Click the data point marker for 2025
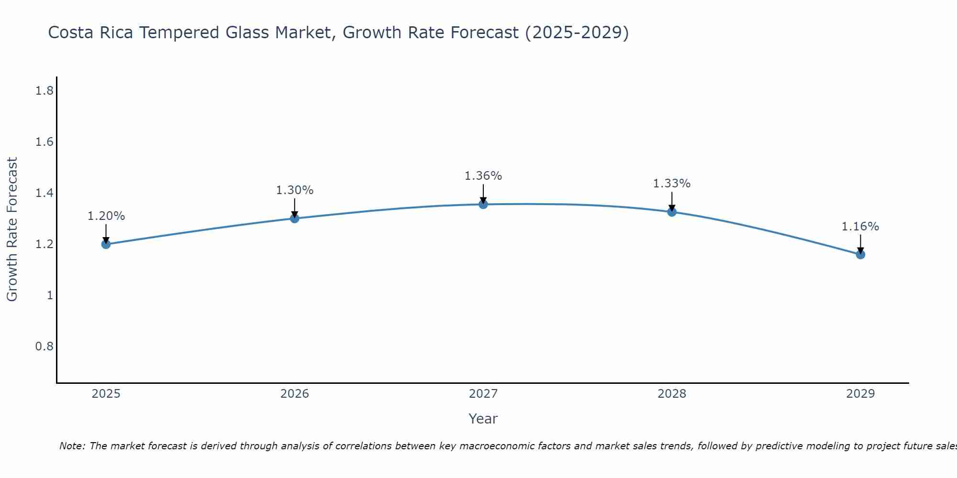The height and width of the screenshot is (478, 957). pyautogui.click(x=106, y=244)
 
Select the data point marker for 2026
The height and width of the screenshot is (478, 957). pyautogui.click(x=295, y=218)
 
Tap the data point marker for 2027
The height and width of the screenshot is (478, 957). pyautogui.click(x=483, y=205)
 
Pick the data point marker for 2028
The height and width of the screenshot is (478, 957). pyautogui.click(x=672, y=212)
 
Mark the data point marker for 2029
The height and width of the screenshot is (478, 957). pyautogui.click(x=860, y=254)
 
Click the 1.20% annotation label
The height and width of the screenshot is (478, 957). pyautogui.click(x=106, y=216)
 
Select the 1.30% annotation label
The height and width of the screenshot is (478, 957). pyautogui.click(x=295, y=190)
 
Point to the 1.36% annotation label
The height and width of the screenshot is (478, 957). pyautogui.click(x=483, y=176)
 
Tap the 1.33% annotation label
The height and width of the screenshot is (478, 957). pyautogui.click(x=672, y=184)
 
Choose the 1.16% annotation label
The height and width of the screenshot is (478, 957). pyautogui.click(x=860, y=227)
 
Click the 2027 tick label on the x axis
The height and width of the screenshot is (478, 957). pyautogui.click(x=483, y=394)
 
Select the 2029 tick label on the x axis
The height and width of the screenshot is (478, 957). pyautogui.click(x=860, y=394)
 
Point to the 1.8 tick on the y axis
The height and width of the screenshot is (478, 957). pyautogui.click(x=44, y=91)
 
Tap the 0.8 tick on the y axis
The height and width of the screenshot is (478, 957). pyautogui.click(x=44, y=346)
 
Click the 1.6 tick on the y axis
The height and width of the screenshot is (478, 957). pyautogui.click(x=44, y=142)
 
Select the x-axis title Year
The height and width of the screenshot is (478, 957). pyautogui.click(x=483, y=419)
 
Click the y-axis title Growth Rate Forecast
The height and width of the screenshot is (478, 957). pyautogui.click(x=12, y=229)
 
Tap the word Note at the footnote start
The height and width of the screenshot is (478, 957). pyautogui.click(x=72, y=446)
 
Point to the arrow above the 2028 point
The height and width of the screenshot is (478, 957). pyautogui.click(x=672, y=201)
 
